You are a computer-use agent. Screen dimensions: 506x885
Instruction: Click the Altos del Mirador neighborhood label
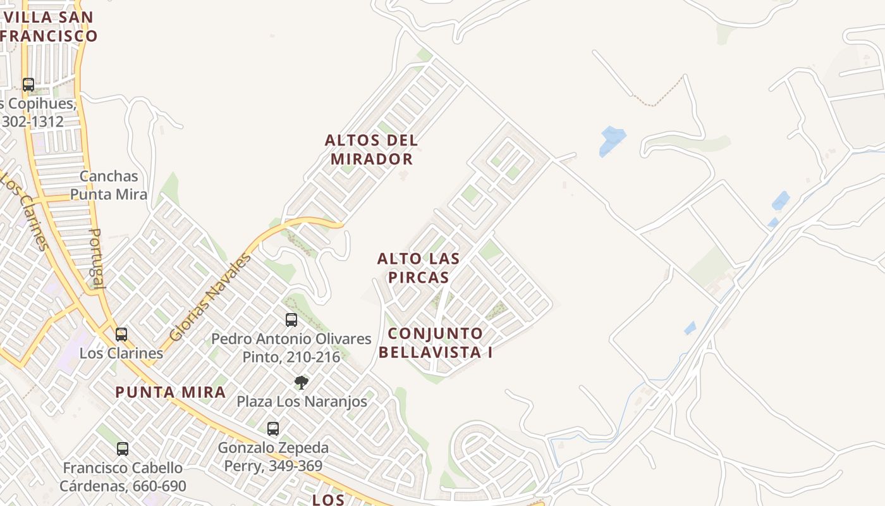pos(371,149)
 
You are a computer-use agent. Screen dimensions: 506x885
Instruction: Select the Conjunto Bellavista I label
pos(440,343)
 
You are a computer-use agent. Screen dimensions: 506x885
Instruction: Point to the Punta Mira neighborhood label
pos(171,392)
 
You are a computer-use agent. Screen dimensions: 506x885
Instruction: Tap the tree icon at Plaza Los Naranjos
pos(302,382)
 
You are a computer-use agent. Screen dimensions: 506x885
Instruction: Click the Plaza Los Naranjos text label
pos(302,401)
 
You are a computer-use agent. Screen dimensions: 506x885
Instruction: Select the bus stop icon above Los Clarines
pos(121,334)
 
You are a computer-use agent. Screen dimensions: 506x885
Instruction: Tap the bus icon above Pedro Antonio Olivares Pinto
pos(291,319)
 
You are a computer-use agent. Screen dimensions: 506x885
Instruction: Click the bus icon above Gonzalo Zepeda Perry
pos(273,428)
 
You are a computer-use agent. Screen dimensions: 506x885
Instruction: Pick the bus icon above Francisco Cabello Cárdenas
pos(123,448)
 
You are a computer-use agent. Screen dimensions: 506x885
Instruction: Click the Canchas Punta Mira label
pos(109,185)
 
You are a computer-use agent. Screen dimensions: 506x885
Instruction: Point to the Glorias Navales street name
pos(210,297)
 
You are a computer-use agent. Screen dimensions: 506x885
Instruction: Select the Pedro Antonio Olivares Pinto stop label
pos(291,348)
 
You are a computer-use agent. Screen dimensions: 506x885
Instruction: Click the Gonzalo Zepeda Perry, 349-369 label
pos(273,457)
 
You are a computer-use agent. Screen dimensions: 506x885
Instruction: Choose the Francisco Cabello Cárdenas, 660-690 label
pos(123,477)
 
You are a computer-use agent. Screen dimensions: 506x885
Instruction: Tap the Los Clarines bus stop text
pos(121,353)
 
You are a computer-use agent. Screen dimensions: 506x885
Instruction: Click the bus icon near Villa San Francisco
pos(28,84)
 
